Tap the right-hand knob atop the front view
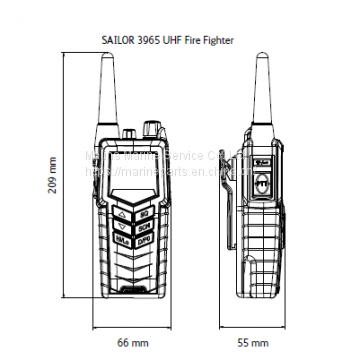(152, 130)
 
